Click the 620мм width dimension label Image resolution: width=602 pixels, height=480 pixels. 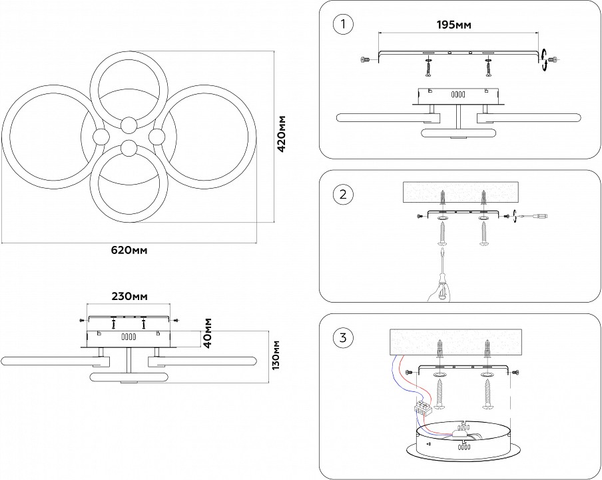tap(128, 251)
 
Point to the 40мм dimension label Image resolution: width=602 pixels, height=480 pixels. tap(208, 332)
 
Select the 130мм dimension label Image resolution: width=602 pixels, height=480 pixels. tap(276, 354)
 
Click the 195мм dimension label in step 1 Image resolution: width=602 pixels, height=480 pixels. tap(453, 25)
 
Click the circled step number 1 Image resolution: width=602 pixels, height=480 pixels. tap(342, 25)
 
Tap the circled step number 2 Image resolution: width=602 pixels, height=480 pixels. tap(342, 195)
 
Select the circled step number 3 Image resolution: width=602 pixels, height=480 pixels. tap(342, 337)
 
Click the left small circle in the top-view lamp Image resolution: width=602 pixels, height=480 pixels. tap(102, 137)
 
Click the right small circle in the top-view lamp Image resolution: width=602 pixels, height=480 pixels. tap(157, 137)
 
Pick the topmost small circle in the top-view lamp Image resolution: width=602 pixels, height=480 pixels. tap(129, 123)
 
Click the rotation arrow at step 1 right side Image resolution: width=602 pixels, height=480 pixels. tap(544, 59)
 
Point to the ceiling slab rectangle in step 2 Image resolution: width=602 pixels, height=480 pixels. tap(461, 193)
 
